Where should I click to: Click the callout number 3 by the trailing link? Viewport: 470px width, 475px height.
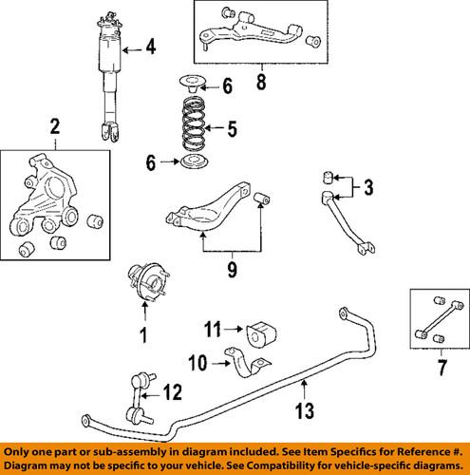click(368, 188)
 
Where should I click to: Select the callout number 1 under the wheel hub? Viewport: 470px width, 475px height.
click(144, 334)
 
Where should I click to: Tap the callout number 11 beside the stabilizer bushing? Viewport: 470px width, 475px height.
click(213, 331)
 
